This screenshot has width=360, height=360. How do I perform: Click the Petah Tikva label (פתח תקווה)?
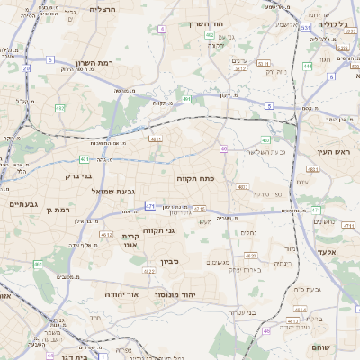(193, 179)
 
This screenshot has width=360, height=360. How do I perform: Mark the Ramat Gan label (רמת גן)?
(56, 209)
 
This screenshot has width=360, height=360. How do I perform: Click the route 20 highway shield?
(26, 67)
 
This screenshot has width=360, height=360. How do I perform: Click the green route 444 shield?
(317, 211)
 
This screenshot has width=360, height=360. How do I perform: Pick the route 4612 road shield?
(106, 235)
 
